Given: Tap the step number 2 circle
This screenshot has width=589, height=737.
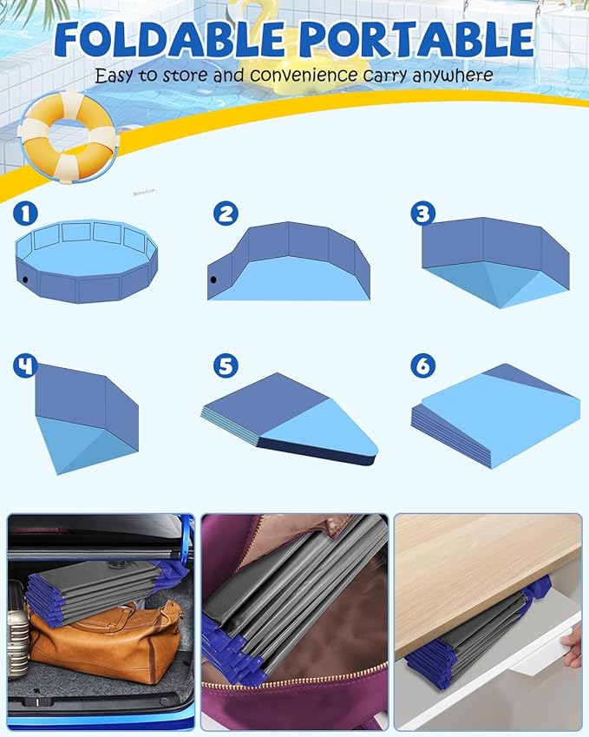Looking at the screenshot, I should (226, 214).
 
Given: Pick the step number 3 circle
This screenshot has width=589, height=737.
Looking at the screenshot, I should (422, 214).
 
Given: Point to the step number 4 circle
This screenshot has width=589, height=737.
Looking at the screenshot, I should (26, 365).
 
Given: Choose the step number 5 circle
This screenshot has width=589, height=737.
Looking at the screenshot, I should (226, 365).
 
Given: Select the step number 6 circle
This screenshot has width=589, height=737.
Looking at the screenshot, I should (422, 365).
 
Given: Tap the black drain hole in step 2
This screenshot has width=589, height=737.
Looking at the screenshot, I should (213, 280).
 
